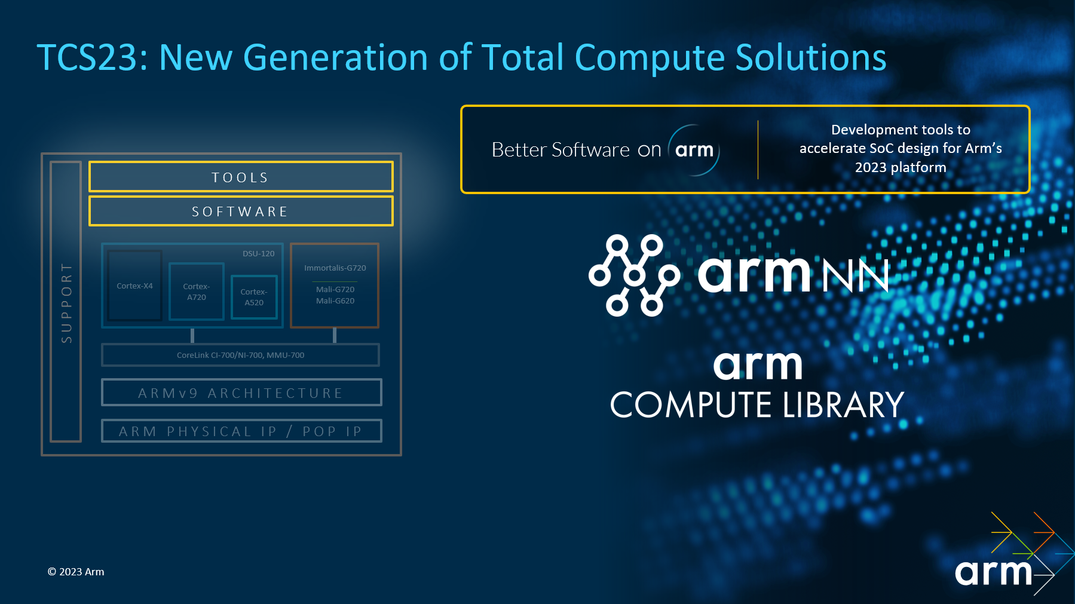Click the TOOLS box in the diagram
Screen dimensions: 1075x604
[x=241, y=177]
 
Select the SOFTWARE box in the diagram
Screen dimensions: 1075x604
[x=241, y=211]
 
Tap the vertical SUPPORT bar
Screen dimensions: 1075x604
[x=66, y=302]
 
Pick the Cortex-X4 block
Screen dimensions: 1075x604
[x=134, y=286]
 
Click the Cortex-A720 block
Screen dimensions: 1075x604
[x=197, y=292]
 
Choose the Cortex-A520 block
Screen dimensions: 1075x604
[x=254, y=297]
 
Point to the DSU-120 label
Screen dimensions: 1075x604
[x=259, y=253]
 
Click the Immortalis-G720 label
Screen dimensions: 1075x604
[x=335, y=268]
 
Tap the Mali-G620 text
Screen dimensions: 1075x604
[x=335, y=301]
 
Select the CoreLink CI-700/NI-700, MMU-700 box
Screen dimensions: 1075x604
[x=240, y=355]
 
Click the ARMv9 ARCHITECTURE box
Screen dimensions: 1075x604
[x=241, y=393]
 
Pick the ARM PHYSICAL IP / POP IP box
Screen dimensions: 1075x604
[x=241, y=431]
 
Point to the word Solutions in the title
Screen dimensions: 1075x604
[x=811, y=57]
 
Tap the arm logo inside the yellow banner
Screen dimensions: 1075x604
[x=694, y=150]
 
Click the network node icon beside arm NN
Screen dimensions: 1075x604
[x=635, y=275]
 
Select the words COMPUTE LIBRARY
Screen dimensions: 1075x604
[x=757, y=405]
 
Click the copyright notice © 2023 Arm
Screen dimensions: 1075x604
[x=76, y=572]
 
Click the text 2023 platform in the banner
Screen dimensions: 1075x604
[x=901, y=167]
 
